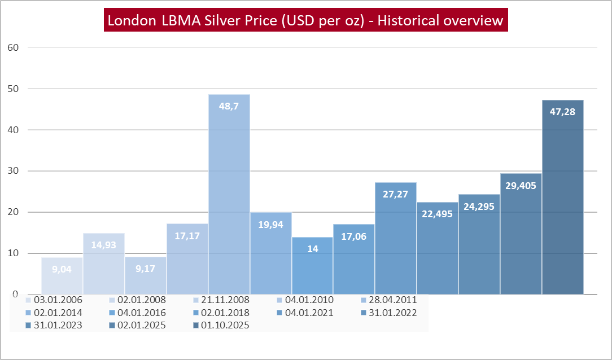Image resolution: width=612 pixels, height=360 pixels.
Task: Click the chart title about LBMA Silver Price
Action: tap(305, 21)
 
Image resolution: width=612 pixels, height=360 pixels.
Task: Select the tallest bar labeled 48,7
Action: tap(229, 192)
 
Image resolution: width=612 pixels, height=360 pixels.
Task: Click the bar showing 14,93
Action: tap(104, 265)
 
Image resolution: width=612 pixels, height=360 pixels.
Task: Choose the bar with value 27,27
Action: tap(396, 237)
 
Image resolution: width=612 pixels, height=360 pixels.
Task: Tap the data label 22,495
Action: tap(438, 214)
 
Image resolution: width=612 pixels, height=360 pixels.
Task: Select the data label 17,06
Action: tap(354, 236)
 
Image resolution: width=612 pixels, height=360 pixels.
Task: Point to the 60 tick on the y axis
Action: tap(12, 47)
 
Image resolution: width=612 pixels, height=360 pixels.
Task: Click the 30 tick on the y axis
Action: tap(12, 171)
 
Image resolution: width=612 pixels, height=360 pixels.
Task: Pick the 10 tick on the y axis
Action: tap(12, 253)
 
